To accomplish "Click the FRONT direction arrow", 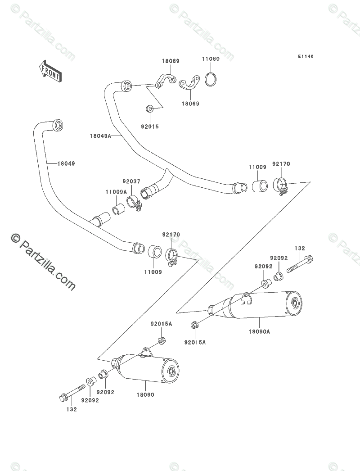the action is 50,72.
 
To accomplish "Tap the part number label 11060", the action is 211,59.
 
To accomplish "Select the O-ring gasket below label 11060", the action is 211,79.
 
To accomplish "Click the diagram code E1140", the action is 306,56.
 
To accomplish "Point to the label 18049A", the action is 100,136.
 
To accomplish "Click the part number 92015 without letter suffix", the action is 150,127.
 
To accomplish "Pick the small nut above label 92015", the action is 149,109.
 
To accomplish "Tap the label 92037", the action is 131,181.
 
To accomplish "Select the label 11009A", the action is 116,192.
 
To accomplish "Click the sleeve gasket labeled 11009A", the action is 118,209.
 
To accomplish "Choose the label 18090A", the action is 259,331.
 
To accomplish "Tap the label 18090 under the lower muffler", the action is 145,394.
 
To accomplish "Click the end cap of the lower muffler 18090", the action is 171,371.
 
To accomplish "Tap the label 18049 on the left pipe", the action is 66,164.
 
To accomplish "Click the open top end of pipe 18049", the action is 58,125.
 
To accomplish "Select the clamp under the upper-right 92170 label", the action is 280,186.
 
